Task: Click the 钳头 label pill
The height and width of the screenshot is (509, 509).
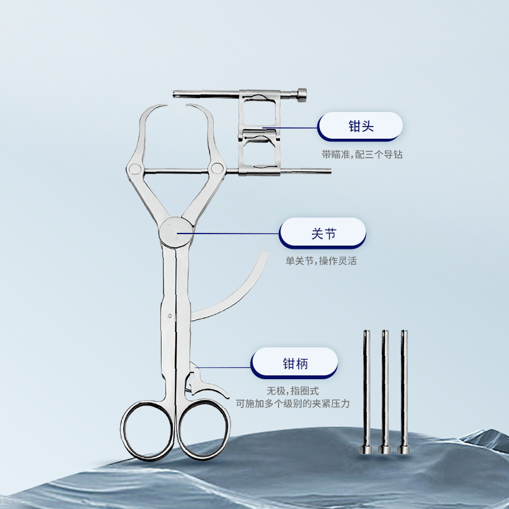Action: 360,126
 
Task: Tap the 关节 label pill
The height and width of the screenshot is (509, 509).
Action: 323,234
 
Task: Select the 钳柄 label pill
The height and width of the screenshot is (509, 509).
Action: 294,363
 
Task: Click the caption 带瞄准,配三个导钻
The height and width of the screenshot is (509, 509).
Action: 362,154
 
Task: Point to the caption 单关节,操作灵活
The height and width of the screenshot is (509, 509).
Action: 321,261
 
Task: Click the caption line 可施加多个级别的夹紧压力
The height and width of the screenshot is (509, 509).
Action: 293,403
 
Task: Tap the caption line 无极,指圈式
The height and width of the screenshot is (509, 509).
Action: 293,391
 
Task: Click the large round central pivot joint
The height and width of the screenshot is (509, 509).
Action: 176,232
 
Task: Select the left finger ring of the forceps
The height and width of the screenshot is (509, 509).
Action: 147,430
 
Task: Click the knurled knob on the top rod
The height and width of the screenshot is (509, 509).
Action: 302,95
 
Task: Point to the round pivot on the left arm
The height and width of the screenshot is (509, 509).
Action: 134,169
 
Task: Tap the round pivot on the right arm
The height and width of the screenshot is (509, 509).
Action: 216,168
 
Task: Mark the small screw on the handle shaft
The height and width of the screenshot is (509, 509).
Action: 170,316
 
